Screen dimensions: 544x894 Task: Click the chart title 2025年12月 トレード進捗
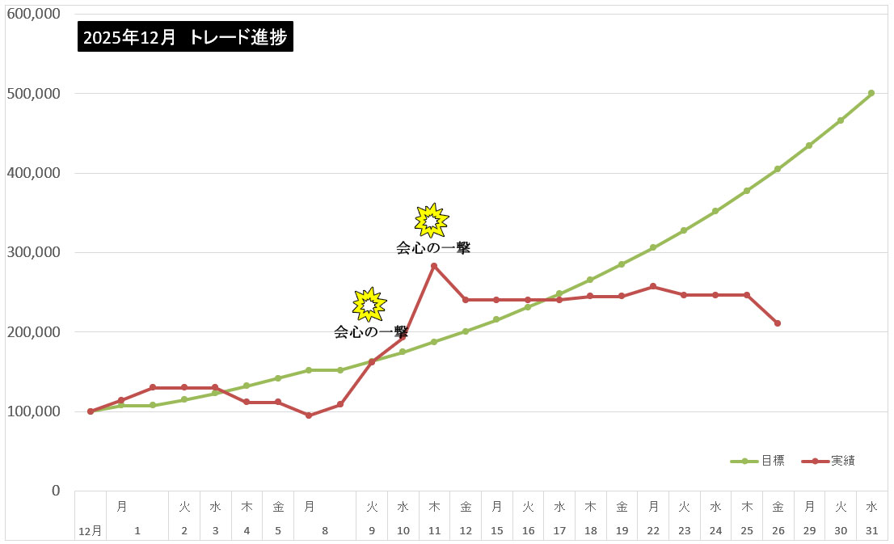coord(185,36)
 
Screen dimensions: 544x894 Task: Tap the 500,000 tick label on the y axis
coord(33,94)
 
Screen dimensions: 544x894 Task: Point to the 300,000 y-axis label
coord(33,252)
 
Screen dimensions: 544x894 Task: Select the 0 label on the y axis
coord(55,491)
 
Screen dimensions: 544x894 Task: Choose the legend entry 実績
coord(841,461)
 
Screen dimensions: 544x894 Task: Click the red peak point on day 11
coord(434,266)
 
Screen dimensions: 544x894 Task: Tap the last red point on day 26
coord(778,323)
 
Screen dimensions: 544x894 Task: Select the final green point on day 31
coord(871,93)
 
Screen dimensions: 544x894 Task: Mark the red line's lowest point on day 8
coord(309,415)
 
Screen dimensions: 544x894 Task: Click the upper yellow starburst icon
coord(431,220)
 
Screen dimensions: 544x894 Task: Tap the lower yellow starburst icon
coord(369,304)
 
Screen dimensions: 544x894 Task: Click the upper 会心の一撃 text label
coord(433,248)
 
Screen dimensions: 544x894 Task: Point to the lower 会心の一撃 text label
coord(371,331)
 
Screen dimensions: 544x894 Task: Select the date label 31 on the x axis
coord(871,531)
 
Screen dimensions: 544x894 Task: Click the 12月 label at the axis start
coord(90,531)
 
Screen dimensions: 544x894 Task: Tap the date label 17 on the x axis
coord(559,531)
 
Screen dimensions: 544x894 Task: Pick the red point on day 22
coord(653,286)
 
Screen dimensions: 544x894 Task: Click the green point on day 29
coord(809,145)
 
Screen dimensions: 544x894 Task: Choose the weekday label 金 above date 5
coord(278,507)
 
